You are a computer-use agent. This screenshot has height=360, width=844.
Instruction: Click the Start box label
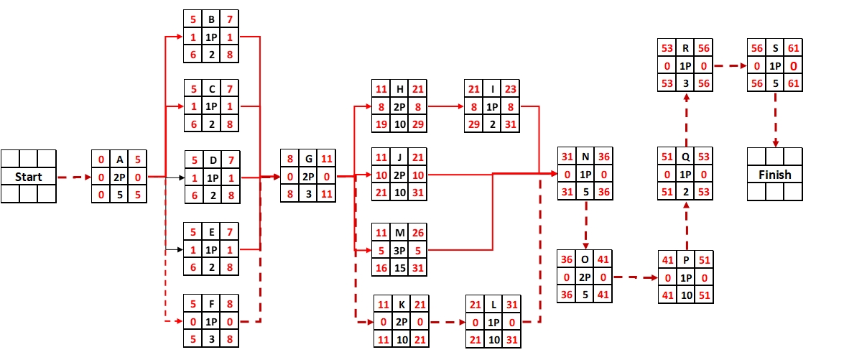[29, 177]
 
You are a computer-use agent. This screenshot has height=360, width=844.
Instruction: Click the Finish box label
[775, 174]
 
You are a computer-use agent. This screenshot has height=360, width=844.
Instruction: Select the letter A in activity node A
[119, 159]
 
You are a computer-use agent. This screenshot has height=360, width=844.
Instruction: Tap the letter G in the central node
[308, 159]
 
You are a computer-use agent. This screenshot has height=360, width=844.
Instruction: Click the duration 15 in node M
[399, 267]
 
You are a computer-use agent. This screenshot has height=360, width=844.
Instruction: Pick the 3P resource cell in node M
[399, 250]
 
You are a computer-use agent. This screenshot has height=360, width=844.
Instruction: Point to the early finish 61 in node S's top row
[793, 48]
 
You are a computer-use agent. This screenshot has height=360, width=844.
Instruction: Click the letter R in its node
[685, 48]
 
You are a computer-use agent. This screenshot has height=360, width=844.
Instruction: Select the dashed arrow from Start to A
[74, 177]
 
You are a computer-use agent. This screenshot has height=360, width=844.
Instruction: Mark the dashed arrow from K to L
[446, 322]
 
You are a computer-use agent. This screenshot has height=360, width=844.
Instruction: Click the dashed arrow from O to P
[636, 277]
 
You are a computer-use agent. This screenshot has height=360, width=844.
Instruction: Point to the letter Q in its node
[685, 157]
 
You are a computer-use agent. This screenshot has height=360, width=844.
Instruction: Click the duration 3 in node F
[211, 339]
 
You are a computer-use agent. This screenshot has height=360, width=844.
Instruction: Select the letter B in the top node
[211, 19]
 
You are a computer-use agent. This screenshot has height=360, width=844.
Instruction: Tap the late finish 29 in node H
[418, 124]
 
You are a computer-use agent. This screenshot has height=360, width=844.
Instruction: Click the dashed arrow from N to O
[586, 224]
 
